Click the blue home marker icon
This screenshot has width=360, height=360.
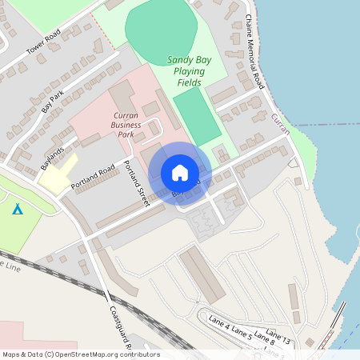pos(180,172)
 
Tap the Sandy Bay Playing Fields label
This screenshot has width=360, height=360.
pos(186,71)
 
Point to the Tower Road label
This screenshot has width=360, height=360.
pos(43,47)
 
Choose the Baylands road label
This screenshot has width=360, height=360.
pos(53,156)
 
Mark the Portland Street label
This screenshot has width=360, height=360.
pos(137,183)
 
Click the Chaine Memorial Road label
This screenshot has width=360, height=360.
pos(254,50)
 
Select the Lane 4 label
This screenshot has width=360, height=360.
pos(219,323)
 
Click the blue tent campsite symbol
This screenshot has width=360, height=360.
pos(18,210)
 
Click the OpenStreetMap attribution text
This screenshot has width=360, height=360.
pos(80,354)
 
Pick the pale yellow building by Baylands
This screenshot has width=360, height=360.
pos(58,174)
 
